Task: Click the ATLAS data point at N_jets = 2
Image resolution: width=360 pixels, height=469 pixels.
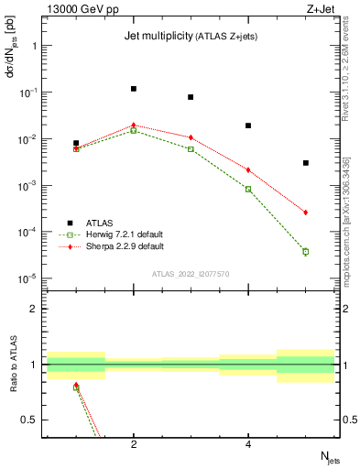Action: [x=134, y=89]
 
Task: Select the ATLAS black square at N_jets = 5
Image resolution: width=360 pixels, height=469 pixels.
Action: [x=306, y=163]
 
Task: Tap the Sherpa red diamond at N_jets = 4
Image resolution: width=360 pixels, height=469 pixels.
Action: [x=248, y=169]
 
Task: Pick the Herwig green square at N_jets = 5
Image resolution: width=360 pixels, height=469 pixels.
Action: [x=306, y=251]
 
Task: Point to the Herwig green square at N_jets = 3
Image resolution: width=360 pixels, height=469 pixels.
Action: [x=191, y=148]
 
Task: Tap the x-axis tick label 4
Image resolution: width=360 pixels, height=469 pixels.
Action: [x=248, y=445]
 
